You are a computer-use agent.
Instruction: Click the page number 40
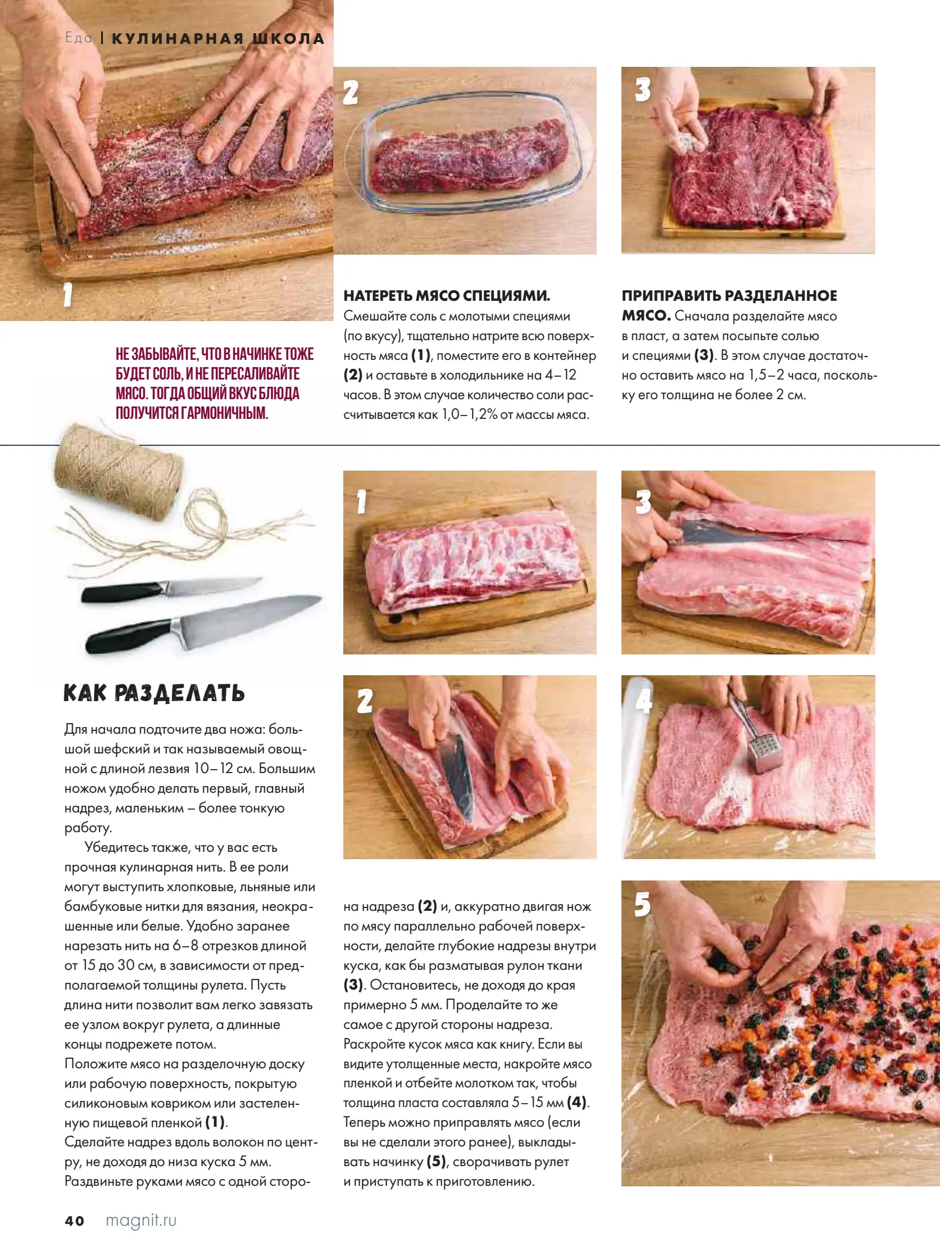[75, 1221]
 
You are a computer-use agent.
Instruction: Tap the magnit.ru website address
[140, 1221]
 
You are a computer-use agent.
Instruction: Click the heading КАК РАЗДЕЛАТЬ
[154, 693]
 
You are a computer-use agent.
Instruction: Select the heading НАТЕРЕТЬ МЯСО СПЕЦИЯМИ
[447, 296]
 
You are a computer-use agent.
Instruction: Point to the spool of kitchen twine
[119, 472]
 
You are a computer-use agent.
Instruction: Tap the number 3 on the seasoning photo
[643, 89]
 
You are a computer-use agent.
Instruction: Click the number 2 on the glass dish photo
[351, 92]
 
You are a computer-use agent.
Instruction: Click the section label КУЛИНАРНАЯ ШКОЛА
[218, 38]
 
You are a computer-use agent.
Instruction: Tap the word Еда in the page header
[79, 38]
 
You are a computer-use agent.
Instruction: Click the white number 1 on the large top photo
[68, 295]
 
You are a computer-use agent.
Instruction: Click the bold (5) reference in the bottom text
[436, 1161]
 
